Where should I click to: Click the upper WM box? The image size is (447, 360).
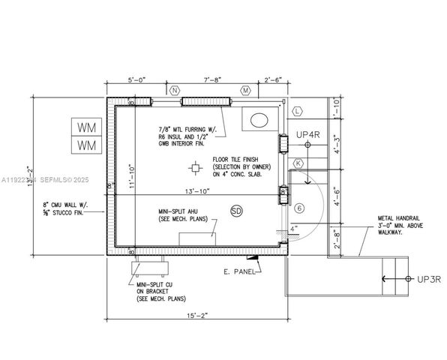tap(87, 126)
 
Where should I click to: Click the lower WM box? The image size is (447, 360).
tap(87, 144)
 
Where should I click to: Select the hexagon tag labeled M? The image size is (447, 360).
tap(245, 90)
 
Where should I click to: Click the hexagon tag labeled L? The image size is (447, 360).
tap(298, 111)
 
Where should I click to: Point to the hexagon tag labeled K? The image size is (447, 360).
tap(298, 163)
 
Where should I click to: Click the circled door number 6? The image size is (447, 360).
tap(298, 208)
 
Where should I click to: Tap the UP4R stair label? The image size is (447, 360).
tap(307, 135)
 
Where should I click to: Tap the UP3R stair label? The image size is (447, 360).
tap(427, 279)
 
